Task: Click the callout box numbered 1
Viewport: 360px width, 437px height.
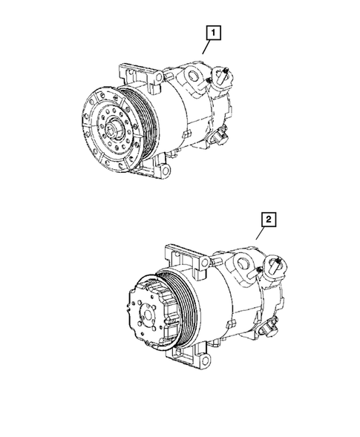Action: tap(213, 33)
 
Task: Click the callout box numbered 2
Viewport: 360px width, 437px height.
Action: tap(268, 220)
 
